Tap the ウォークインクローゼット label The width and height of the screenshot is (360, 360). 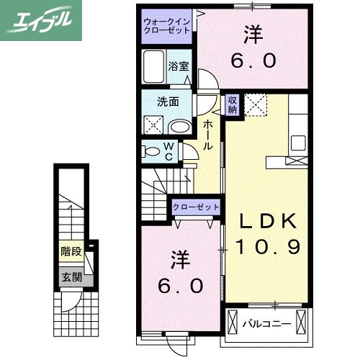tap(166, 27)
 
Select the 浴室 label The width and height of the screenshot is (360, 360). tap(179, 66)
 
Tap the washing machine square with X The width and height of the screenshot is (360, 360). tap(153, 124)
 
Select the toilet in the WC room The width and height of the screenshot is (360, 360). tap(153, 152)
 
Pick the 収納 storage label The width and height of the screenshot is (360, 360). tap(233, 104)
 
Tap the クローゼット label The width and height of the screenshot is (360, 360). tap(195, 207)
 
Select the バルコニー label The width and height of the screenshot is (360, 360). tap(266, 324)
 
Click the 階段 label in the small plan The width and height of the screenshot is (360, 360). tap(71, 252)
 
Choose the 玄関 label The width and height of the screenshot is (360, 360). tap(71, 276)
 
